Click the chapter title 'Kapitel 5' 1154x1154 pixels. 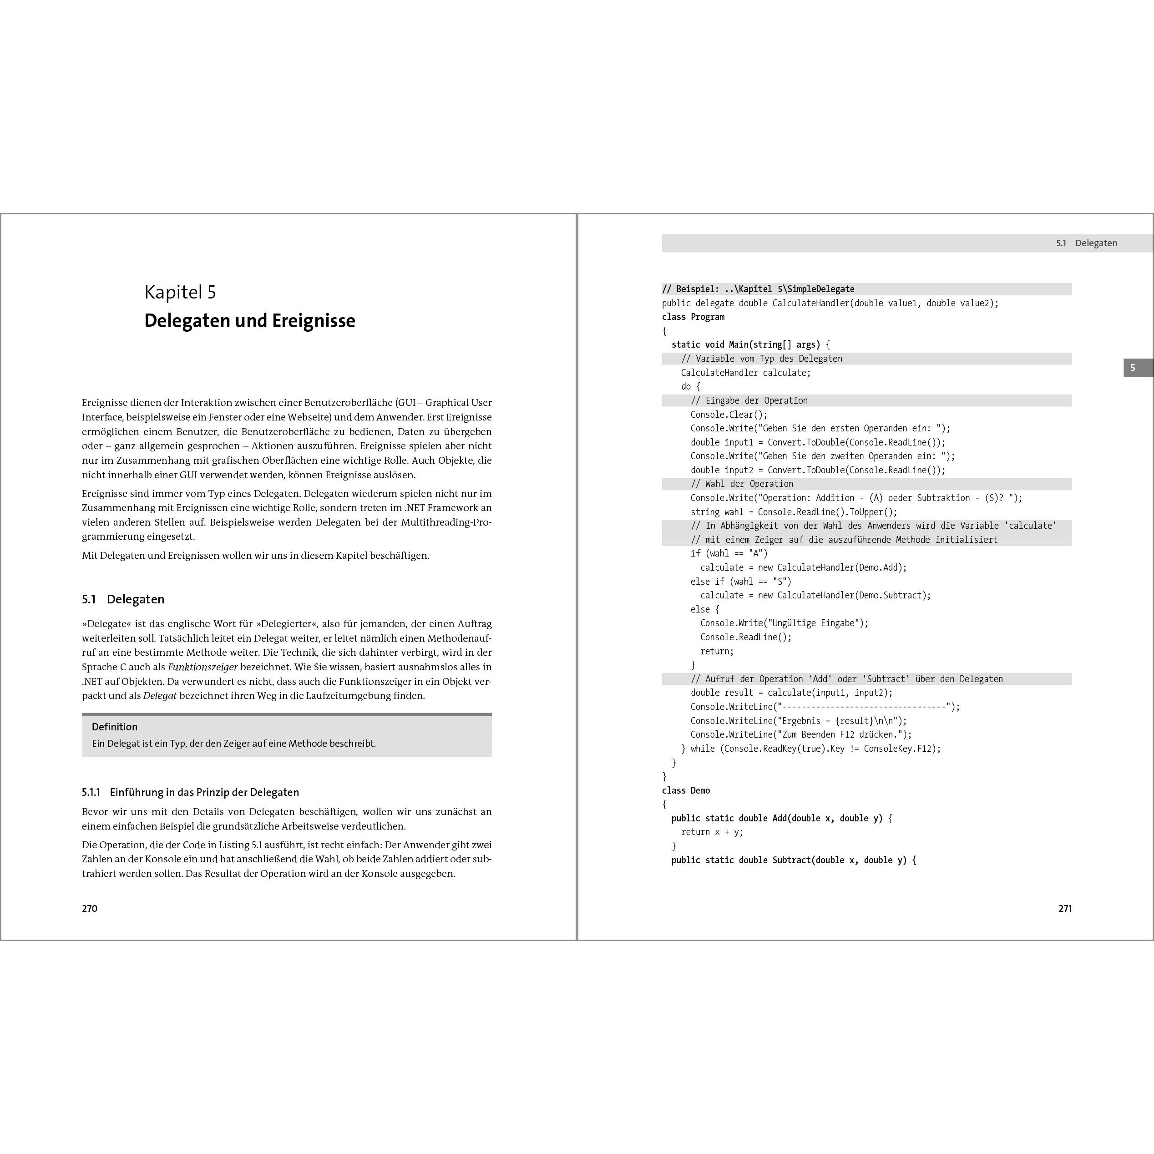tap(180, 292)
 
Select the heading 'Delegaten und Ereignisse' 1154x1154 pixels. tap(250, 321)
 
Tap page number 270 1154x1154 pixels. tap(90, 909)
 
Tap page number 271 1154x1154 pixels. tap(1065, 909)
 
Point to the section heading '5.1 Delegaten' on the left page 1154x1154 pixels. tap(123, 599)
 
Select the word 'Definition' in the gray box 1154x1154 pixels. tap(115, 727)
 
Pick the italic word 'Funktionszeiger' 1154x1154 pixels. tap(202, 667)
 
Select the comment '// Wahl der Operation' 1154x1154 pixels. tap(742, 484)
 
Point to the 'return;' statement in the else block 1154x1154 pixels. tap(717, 651)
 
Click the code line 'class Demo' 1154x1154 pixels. tap(686, 790)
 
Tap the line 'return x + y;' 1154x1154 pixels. tap(712, 832)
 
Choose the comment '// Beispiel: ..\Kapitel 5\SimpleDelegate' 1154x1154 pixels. tap(758, 289)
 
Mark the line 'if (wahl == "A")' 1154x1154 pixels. tap(729, 554)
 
